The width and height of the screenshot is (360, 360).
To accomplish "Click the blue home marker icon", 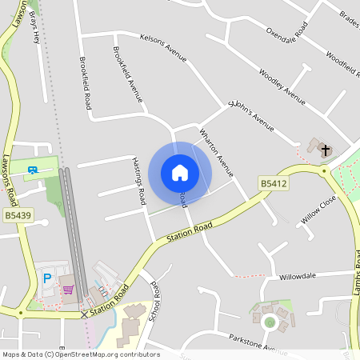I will (x=180, y=172).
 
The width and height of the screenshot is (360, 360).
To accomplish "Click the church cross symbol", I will (x=325, y=150).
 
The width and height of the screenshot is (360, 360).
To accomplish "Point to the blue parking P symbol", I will (x=47, y=278).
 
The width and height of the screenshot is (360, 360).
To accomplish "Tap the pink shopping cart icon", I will (x=68, y=289).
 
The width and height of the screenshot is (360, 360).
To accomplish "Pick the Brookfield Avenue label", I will (x=128, y=74).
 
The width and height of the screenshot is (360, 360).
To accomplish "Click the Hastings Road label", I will (x=138, y=179).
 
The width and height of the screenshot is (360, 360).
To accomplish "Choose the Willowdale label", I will (x=298, y=276).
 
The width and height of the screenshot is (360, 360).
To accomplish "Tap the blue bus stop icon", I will (x=33, y=170).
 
